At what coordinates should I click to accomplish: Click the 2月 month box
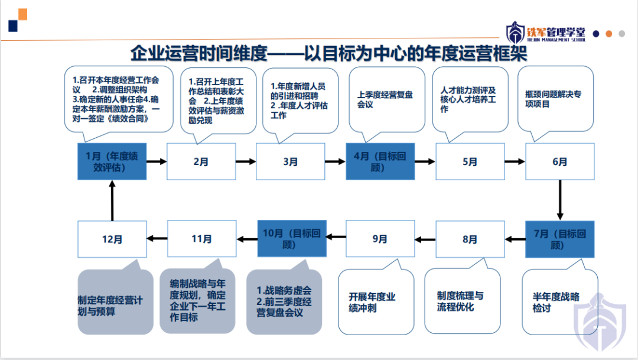tap(201, 161)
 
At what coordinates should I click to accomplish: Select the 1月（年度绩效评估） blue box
tap(112, 161)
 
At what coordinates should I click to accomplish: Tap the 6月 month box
tap(559, 161)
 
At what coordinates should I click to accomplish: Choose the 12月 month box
tap(112, 239)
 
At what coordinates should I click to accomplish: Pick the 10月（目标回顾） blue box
tap(292, 239)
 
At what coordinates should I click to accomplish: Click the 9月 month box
tap(380, 239)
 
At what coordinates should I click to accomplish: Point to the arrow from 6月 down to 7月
tap(560, 200)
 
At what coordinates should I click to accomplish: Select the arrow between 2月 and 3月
tap(246, 161)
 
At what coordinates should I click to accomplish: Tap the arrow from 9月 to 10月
tap(336, 238)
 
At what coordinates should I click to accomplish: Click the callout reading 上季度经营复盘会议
tap(386, 100)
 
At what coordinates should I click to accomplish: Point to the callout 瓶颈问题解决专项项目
tap(555, 100)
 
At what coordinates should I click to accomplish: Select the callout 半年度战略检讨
tap(558, 301)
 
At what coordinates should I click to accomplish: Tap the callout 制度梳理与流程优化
tap(462, 301)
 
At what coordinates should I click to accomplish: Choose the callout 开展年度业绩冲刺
tap(376, 301)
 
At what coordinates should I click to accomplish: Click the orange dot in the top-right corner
tap(609, 34)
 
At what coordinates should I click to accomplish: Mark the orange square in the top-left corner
tap(22, 14)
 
